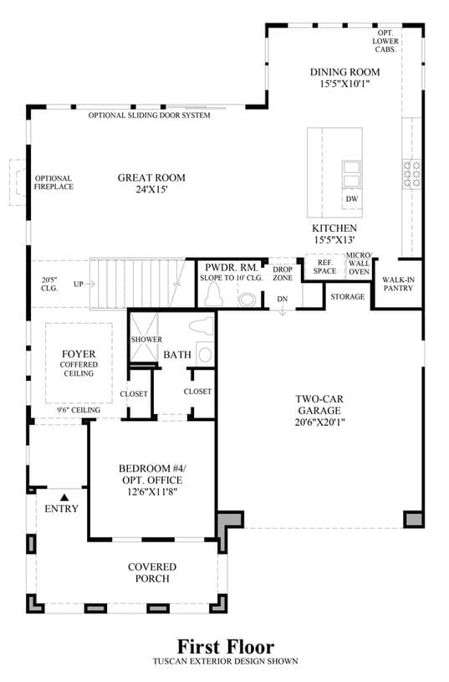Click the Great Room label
151,177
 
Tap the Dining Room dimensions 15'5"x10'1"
344,84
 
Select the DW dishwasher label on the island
352,199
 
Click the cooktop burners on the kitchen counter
411,174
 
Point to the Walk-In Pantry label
398,284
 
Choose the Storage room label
347,296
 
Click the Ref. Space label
324,267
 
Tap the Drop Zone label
283,274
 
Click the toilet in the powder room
214,295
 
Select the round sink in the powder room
248,300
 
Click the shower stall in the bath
145,338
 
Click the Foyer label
79,354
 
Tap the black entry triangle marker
64,497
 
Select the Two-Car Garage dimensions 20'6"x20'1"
320,422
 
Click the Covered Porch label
152,573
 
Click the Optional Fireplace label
54,182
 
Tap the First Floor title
226,647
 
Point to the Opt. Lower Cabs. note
385,41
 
